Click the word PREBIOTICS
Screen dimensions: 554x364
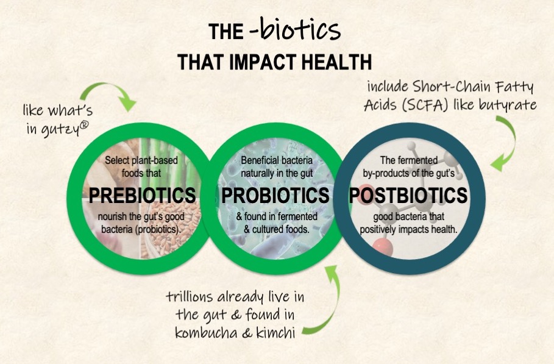(x=142, y=195)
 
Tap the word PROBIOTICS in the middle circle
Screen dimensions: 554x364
(x=275, y=195)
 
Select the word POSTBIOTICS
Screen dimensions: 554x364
(x=408, y=195)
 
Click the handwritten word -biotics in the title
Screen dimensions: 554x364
(x=296, y=30)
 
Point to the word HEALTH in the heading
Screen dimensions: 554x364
(x=336, y=62)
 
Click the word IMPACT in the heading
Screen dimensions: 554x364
(x=263, y=62)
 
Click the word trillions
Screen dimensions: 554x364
(x=189, y=296)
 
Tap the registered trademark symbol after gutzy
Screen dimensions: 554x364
(x=84, y=125)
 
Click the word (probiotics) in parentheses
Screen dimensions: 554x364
(x=158, y=229)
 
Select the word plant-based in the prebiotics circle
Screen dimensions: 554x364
(x=154, y=160)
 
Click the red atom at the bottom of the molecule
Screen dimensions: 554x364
(x=382, y=247)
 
